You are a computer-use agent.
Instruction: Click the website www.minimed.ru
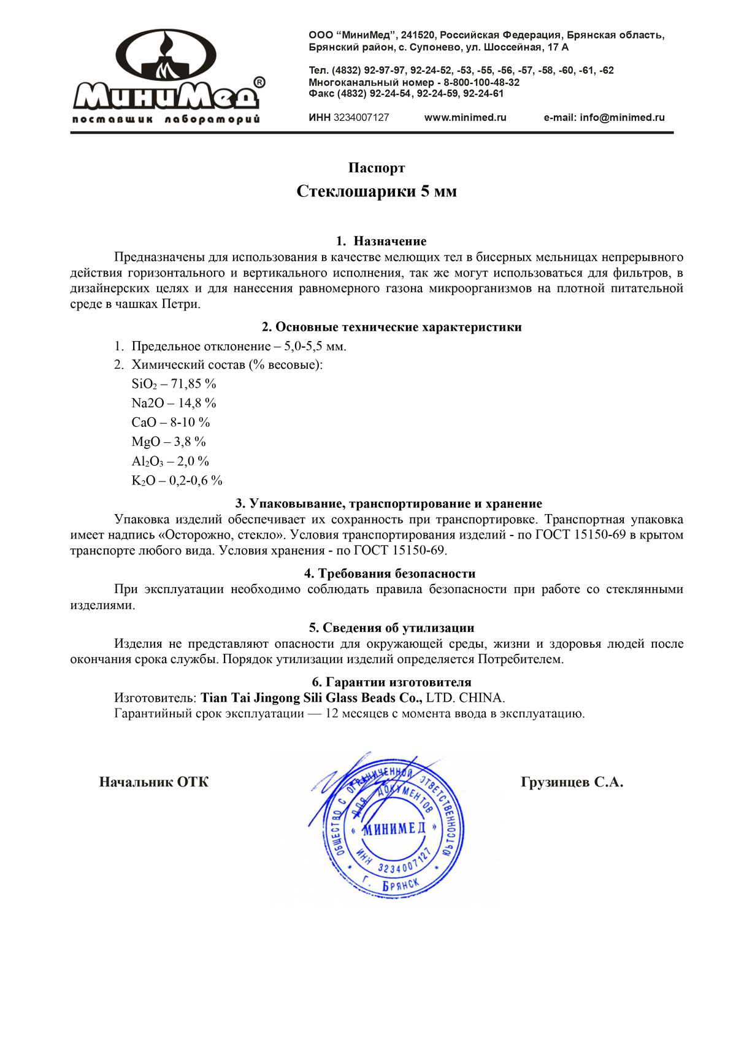(465, 118)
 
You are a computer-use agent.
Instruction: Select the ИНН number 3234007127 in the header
(361, 118)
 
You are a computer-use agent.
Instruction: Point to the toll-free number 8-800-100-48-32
(481, 82)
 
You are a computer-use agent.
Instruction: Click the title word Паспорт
(377, 168)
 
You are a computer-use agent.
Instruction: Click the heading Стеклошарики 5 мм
(377, 191)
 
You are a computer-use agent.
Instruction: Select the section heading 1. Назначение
(381, 241)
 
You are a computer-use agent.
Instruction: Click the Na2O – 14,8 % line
(174, 403)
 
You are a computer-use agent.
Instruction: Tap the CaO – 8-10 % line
(171, 423)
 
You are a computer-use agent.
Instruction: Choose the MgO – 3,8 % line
(169, 442)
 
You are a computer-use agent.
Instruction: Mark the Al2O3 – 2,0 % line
(170, 461)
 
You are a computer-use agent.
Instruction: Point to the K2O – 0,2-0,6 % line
(177, 481)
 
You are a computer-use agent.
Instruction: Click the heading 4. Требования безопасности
(389, 574)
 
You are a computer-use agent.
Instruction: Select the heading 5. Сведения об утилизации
(391, 628)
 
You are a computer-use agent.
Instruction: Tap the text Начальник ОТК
(153, 782)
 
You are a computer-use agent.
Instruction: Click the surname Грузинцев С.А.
(572, 782)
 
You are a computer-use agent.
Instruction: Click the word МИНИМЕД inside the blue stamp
(394, 829)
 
